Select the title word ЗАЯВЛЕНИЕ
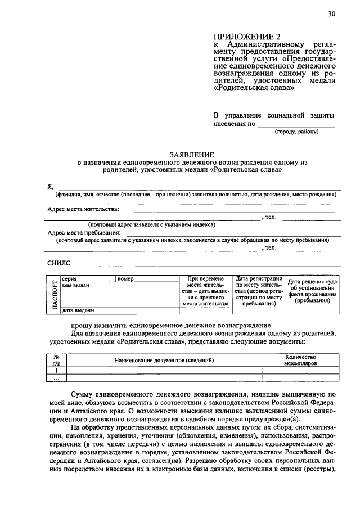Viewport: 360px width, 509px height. click(x=192, y=154)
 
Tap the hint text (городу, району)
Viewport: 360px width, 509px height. click(x=296, y=132)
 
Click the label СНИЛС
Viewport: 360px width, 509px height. click(x=59, y=263)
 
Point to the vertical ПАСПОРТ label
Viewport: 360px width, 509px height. click(x=55, y=294)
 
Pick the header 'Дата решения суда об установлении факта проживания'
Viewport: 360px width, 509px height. click(x=313, y=291)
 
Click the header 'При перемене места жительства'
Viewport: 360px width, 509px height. click(x=205, y=291)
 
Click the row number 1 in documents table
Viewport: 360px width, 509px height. click(x=56, y=371)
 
